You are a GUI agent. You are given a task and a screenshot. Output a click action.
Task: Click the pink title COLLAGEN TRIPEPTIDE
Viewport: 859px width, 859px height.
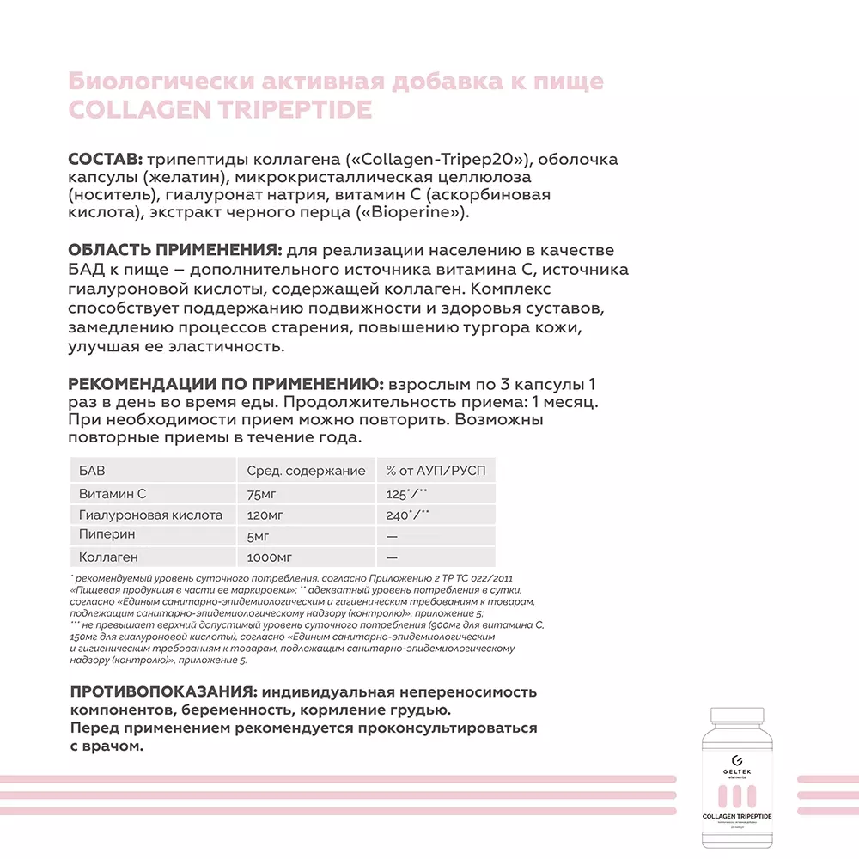(x=219, y=110)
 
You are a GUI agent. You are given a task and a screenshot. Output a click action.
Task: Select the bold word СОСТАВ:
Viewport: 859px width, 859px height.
(x=106, y=160)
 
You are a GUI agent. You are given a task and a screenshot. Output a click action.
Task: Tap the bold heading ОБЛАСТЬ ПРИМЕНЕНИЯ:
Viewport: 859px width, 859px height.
(x=174, y=250)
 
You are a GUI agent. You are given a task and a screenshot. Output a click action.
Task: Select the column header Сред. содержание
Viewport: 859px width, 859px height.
(x=306, y=471)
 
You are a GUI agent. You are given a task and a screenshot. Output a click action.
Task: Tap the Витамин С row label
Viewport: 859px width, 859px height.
(x=113, y=494)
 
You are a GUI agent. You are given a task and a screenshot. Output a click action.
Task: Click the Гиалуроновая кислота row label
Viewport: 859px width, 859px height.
(x=150, y=515)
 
